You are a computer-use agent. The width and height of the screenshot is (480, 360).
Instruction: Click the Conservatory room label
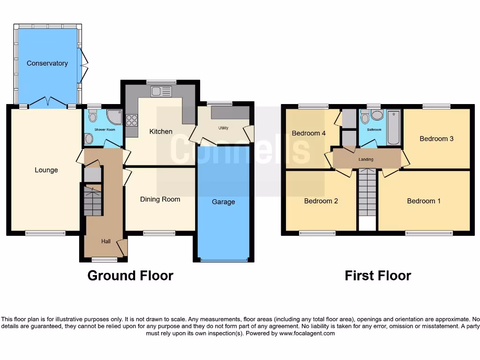pos(47,63)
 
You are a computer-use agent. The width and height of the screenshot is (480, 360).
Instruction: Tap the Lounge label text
pos(46,170)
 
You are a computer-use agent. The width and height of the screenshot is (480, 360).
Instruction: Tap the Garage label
pos(223,202)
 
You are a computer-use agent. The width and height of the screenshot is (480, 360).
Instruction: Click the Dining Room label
pos(160,199)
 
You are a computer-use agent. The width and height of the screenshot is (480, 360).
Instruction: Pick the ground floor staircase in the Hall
pos(92,200)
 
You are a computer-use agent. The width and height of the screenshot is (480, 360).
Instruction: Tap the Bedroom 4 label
pos(308,133)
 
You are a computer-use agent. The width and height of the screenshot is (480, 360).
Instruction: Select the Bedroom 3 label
pos(436,139)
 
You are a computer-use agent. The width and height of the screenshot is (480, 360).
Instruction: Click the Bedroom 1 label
pos(423,201)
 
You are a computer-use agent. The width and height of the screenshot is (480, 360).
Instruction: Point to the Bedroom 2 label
pos(321,201)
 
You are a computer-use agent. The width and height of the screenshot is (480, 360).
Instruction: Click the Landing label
pos(366,159)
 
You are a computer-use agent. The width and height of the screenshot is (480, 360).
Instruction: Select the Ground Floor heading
pos(130,276)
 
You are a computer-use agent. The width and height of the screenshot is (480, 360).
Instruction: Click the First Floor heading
pos(377,276)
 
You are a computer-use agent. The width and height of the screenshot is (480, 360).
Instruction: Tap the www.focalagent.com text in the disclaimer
pos(307,334)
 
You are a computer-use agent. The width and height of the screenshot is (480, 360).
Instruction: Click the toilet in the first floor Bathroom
pos(376,115)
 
